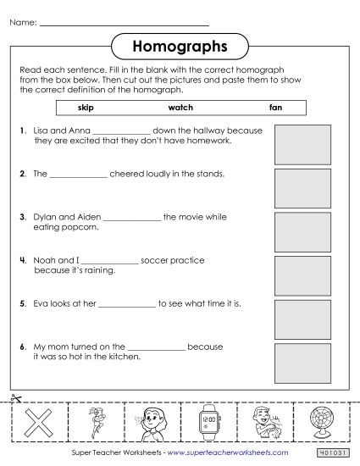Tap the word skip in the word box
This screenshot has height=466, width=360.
click(x=86, y=108)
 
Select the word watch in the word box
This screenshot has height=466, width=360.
click(x=180, y=108)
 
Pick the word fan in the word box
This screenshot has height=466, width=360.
click(x=275, y=108)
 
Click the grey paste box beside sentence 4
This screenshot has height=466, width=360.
click(x=302, y=273)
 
